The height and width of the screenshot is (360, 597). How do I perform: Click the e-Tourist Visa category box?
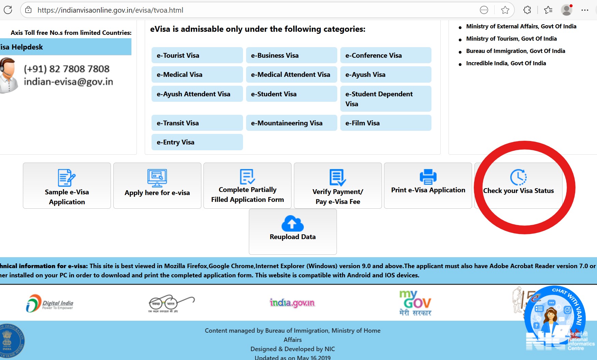[x=197, y=55]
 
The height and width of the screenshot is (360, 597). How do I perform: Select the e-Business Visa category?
[x=291, y=55]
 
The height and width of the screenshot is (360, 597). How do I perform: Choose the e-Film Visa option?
[x=385, y=123]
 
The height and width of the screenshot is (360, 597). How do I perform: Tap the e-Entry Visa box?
[x=197, y=142]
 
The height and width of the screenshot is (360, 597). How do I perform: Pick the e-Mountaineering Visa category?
[x=291, y=123]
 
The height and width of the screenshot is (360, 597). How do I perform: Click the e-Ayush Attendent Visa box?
[x=197, y=94]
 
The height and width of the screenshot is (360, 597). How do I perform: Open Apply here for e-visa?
[x=157, y=185]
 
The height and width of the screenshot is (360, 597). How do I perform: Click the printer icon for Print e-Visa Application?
[x=428, y=177]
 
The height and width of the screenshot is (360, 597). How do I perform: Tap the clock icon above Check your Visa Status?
[x=518, y=177]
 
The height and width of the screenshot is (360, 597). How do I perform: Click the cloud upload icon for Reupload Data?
[x=293, y=223]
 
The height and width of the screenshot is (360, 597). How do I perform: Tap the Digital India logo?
[x=50, y=303]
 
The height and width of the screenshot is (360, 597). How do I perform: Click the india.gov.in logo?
[x=292, y=303]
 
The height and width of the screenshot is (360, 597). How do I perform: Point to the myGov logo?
[x=415, y=303]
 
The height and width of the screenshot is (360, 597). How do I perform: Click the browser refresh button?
[x=8, y=10]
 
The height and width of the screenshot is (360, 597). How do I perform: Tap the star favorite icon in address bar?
[x=505, y=10]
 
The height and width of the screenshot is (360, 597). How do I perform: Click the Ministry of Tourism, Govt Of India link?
[x=511, y=39]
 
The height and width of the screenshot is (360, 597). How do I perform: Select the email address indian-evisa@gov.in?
[x=68, y=82]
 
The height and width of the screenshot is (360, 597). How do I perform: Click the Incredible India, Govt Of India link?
[x=506, y=63]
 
